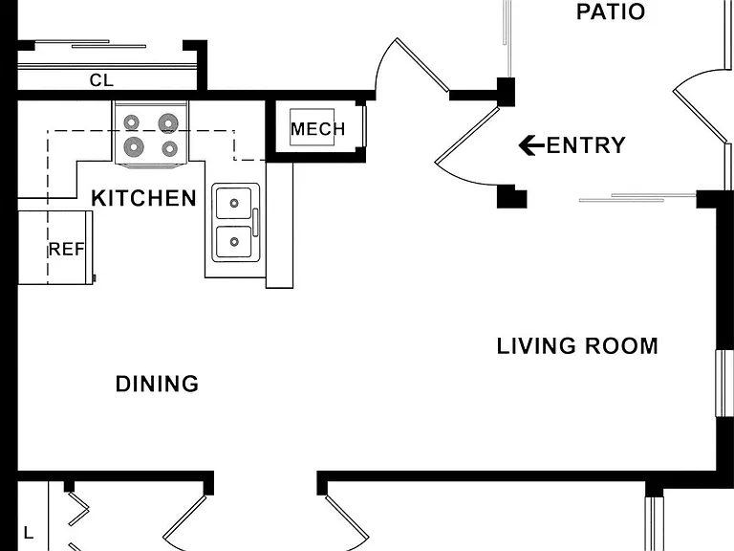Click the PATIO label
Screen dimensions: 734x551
pos(611,11)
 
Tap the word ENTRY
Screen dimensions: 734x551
pos(586,145)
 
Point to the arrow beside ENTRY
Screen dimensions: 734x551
pos(531,145)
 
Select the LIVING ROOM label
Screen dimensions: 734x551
pos(577,346)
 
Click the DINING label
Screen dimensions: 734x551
pos(158,384)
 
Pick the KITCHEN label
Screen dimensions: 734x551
pos(143,198)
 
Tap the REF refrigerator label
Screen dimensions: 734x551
pos(67,250)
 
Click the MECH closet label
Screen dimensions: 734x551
pos(318,129)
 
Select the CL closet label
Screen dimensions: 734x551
pos(101,80)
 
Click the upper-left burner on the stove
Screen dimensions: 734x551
pos(132,122)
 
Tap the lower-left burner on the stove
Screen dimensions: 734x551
pos(134,146)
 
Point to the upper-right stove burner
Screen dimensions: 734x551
pos(167,123)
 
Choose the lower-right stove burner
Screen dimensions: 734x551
pos(169,149)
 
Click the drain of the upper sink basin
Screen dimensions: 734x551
pos(234,204)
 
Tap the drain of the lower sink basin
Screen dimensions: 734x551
pos(234,242)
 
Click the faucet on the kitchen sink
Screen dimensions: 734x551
pos(255,222)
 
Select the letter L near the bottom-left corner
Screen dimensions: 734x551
pos(29,533)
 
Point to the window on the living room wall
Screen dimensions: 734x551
pos(724,383)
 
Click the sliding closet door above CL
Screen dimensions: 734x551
pos(91,44)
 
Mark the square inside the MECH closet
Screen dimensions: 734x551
pos(313,127)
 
